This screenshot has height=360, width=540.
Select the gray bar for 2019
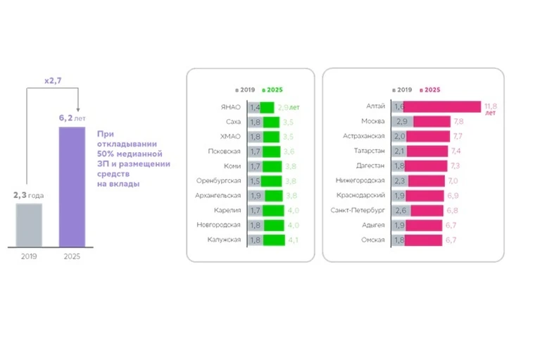click(29, 225)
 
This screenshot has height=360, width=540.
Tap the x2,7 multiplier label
click(54, 81)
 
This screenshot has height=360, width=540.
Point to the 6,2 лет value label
click(71, 118)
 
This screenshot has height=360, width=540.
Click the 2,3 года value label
click(29, 195)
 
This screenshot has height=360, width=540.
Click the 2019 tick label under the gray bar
click(29, 256)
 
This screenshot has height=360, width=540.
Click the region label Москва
click(371, 121)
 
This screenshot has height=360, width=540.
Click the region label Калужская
click(225, 240)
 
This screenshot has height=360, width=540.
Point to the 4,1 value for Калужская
click(292, 240)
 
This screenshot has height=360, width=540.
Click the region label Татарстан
click(368, 151)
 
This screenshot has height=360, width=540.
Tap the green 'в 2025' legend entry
click(272, 90)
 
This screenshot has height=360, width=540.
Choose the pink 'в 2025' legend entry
click(429, 90)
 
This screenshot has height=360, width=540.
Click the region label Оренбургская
click(219, 180)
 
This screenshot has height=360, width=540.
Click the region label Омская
click(372, 240)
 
